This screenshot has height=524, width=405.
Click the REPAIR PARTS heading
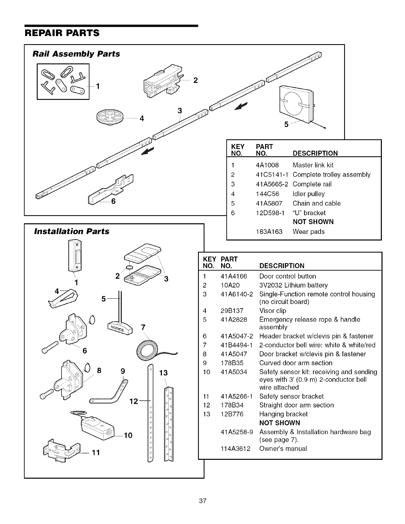62,33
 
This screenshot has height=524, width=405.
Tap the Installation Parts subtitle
72,231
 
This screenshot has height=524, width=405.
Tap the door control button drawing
75,256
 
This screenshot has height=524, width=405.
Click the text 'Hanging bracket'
283,414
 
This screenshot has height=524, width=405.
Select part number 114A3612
235,449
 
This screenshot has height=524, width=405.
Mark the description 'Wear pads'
308,232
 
